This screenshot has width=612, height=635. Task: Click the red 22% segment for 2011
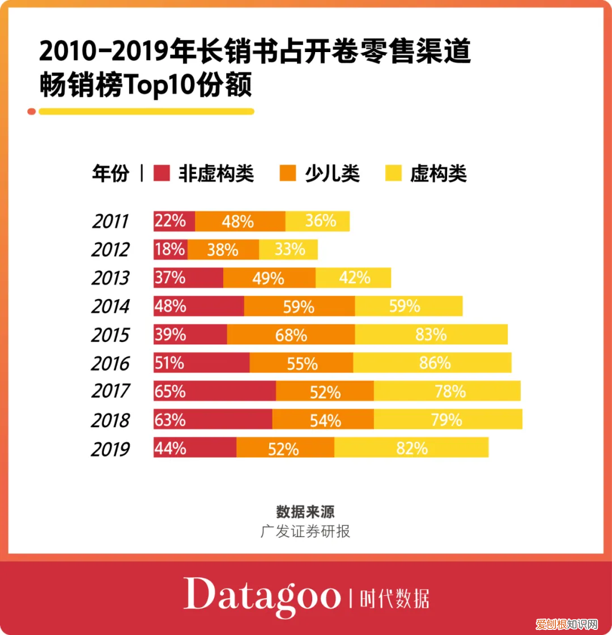[174, 221]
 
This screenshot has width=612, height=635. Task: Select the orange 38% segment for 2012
[223, 249]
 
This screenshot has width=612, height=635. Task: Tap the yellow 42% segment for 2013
[353, 278]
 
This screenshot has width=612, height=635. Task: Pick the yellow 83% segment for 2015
[431, 334]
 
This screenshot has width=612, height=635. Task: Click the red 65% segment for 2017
[214, 391]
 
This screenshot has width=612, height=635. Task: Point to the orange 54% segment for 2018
[322, 420]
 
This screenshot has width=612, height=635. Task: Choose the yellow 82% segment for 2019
[411, 448]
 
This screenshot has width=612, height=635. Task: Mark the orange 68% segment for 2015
[291, 334]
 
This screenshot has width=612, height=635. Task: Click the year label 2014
[110, 306]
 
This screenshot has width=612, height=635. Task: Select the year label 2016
[110, 363]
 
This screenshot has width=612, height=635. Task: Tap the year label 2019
[110, 449]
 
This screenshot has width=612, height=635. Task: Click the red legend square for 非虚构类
[162, 173]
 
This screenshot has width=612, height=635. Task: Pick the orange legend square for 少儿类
[288, 173]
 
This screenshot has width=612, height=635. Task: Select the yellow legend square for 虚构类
[393, 173]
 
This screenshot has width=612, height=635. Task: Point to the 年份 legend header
[110, 173]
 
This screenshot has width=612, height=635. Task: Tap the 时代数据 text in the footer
[394, 598]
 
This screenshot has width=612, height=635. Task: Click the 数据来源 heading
[305, 512]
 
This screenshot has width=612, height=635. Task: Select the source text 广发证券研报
[305, 531]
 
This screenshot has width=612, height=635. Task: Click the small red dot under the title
[32, 112]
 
